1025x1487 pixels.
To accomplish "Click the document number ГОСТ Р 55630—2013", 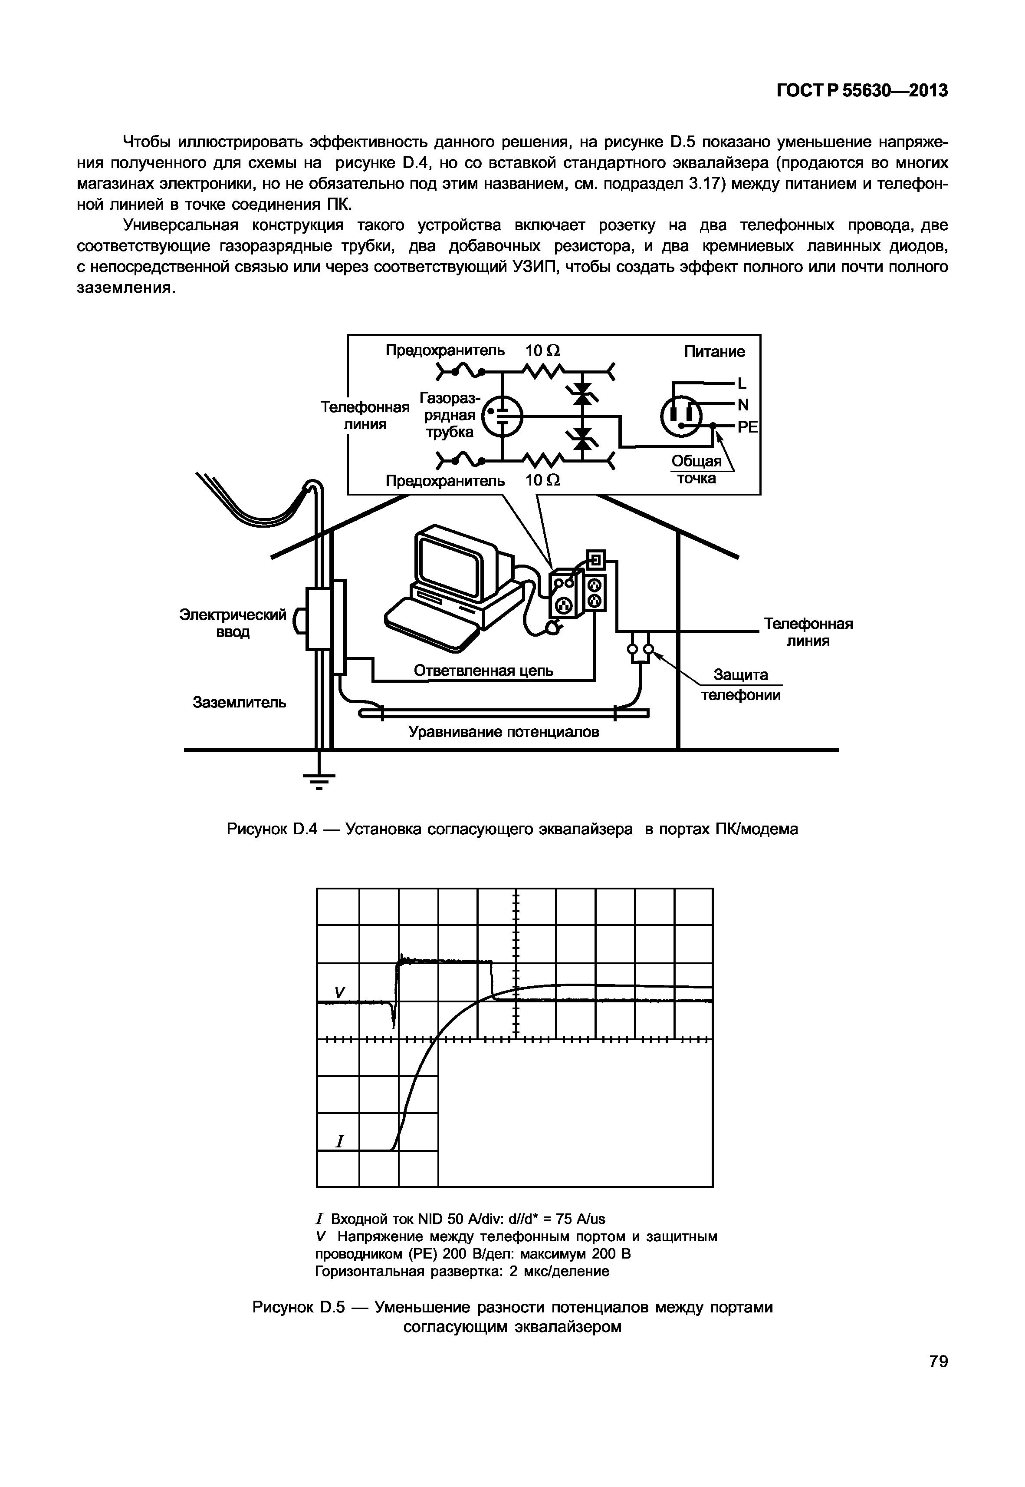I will [x=862, y=91].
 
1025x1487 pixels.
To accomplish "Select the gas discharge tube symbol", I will [x=503, y=415].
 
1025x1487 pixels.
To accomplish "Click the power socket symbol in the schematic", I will [x=680, y=416].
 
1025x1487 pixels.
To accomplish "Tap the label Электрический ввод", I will [x=233, y=623].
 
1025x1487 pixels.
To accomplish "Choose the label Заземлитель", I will [x=240, y=702].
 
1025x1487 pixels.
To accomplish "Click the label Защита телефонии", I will [x=740, y=685].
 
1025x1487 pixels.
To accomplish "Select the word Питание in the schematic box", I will [x=714, y=351].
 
